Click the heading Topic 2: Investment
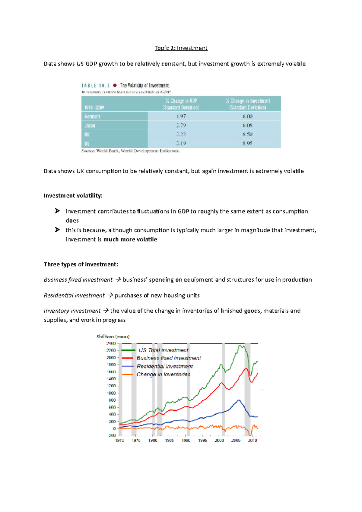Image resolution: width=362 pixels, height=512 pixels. point(181,48)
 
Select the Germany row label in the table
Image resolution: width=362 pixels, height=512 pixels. point(92,116)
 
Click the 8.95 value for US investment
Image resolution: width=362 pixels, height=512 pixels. point(247,144)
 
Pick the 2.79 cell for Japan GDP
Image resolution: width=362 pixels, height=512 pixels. point(181,125)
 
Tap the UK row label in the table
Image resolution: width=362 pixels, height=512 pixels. point(87,134)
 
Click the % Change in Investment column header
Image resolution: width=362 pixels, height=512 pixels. point(247,104)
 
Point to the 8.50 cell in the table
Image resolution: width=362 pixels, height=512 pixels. point(247,134)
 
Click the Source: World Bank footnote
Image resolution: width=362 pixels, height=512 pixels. point(130,151)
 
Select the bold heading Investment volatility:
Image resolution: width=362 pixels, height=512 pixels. point(73,196)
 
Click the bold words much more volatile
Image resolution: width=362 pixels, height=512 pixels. point(130,239)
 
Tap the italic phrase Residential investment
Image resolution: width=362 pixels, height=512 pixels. point(74,296)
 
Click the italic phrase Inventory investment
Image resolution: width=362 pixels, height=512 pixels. point(72,311)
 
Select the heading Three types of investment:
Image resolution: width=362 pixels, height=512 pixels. point(81,264)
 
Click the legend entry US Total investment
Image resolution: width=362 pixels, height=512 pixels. point(163,350)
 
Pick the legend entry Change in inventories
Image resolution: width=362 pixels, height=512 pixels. point(163,375)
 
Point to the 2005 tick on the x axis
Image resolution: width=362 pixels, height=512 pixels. point(236,441)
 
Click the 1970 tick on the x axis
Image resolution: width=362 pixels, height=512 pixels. point(119,441)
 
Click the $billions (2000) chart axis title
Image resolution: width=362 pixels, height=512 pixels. point(113,337)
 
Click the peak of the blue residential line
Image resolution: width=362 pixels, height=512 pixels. point(239,400)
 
